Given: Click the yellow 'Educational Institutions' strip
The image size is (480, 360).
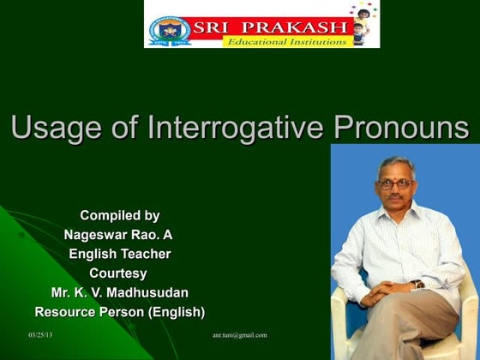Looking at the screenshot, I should (x=286, y=41).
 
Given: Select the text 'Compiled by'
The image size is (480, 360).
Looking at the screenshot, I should (x=119, y=215).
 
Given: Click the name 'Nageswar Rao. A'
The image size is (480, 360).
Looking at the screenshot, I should (x=119, y=234).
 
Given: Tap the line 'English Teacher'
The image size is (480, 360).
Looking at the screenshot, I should (x=119, y=254).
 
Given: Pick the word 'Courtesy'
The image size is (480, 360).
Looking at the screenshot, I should (x=119, y=273).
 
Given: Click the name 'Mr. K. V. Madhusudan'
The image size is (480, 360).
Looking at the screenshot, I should (x=119, y=292).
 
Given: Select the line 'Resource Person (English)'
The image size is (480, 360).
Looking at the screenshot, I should (x=119, y=312).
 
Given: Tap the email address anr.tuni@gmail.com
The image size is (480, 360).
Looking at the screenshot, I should (x=239, y=334).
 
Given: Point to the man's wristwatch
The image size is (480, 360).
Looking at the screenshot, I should (x=417, y=284).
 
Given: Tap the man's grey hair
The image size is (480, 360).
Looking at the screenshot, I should (x=395, y=164).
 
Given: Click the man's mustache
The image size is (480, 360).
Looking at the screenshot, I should (x=395, y=198).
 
